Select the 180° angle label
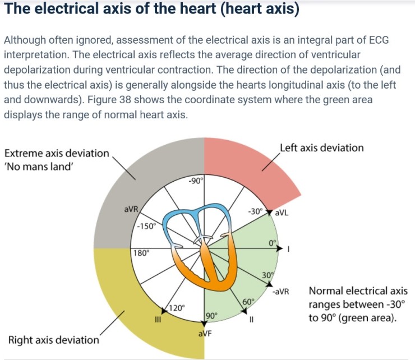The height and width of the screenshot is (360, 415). coord(141,252)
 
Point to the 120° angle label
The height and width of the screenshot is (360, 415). coord(177,308)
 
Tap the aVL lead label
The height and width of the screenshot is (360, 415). coord(282,214)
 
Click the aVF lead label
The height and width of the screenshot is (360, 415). coord(204,335)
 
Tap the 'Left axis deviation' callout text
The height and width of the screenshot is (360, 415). coord(321,148)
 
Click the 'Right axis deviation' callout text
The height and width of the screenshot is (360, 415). coord(54,339)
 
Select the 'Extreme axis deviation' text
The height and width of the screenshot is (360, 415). coord(57,153)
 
